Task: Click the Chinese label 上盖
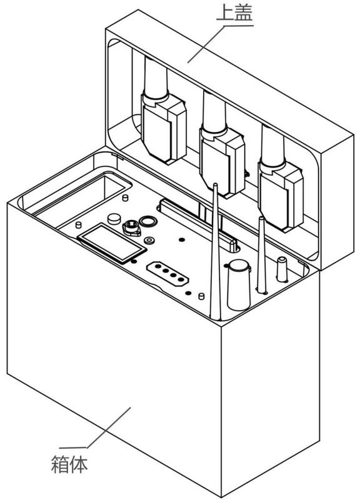click(234, 13)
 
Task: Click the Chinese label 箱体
click(69, 464)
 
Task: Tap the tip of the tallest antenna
click(215, 184)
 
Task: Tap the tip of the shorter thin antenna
click(261, 218)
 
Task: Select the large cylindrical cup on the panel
click(239, 285)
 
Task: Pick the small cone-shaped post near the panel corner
click(282, 269)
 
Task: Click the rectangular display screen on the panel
click(112, 243)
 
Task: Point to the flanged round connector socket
click(131, 227)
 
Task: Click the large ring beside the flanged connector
click(148, 221)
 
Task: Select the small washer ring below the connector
click(149, 241)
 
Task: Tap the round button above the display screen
click(114, 219)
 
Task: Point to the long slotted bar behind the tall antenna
click(197, 224)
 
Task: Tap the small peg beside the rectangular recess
click(126, 197)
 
